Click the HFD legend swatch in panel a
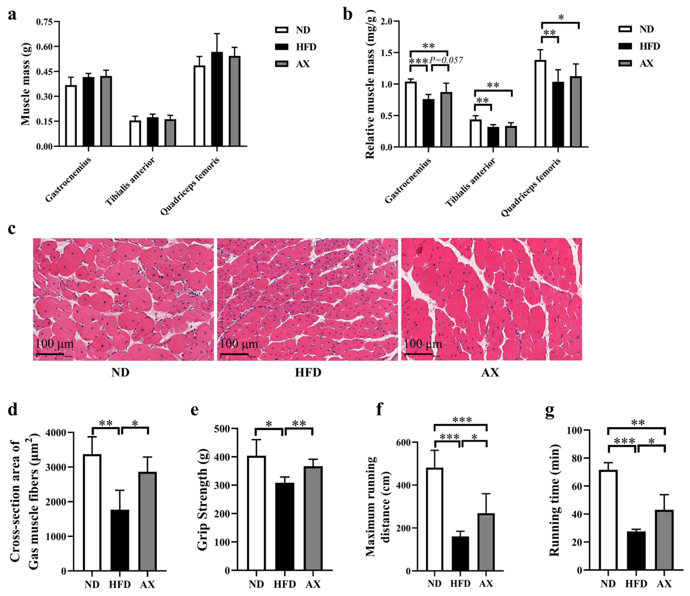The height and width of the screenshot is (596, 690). tap(281, 47)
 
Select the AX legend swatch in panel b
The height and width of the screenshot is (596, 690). tap(625, 63)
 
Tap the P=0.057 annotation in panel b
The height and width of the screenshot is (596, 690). tap(446, 60)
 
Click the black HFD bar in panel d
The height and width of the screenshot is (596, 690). tap(120, 541)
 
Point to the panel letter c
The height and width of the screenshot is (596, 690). tap(12, 229)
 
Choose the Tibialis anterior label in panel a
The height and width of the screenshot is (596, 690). tap(130, 182)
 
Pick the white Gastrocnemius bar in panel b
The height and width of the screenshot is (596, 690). tap(411, 115)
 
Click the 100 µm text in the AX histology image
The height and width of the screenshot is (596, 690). tap(423, 344)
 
